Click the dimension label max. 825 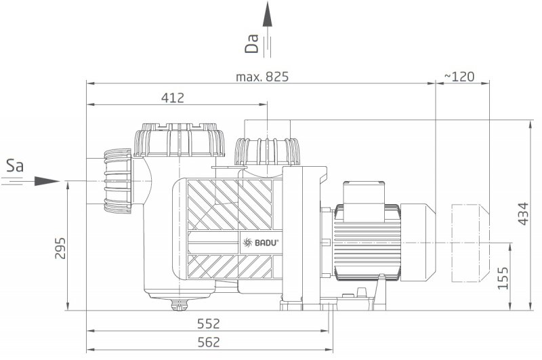coord(262,77)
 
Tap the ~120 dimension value coord(459,77)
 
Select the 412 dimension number coord(173,98)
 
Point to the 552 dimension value coord(209,323)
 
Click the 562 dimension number coord(209,342)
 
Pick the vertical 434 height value coord(523,214)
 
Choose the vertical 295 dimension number coord(60,248)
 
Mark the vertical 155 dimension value coord(503,278)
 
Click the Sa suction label coord(15,166)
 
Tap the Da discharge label coord(251,43)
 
